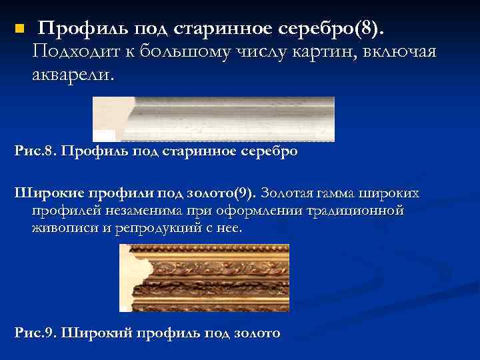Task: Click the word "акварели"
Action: tap(72, 75)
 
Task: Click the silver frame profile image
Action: tap(213, 119)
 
